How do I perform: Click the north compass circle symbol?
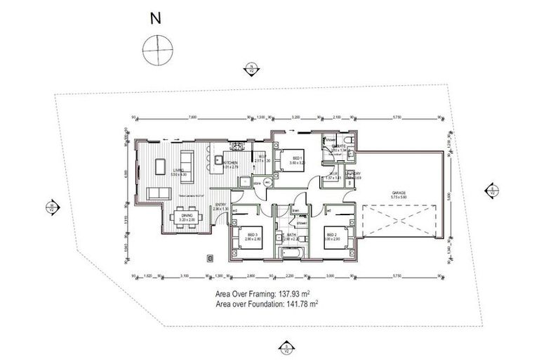tap(158, 50)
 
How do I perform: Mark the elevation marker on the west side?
tap(51, 207)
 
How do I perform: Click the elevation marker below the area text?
tap(286, 345)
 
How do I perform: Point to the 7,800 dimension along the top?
tap(193, 117)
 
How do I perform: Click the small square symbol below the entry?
tap(210, 258)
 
